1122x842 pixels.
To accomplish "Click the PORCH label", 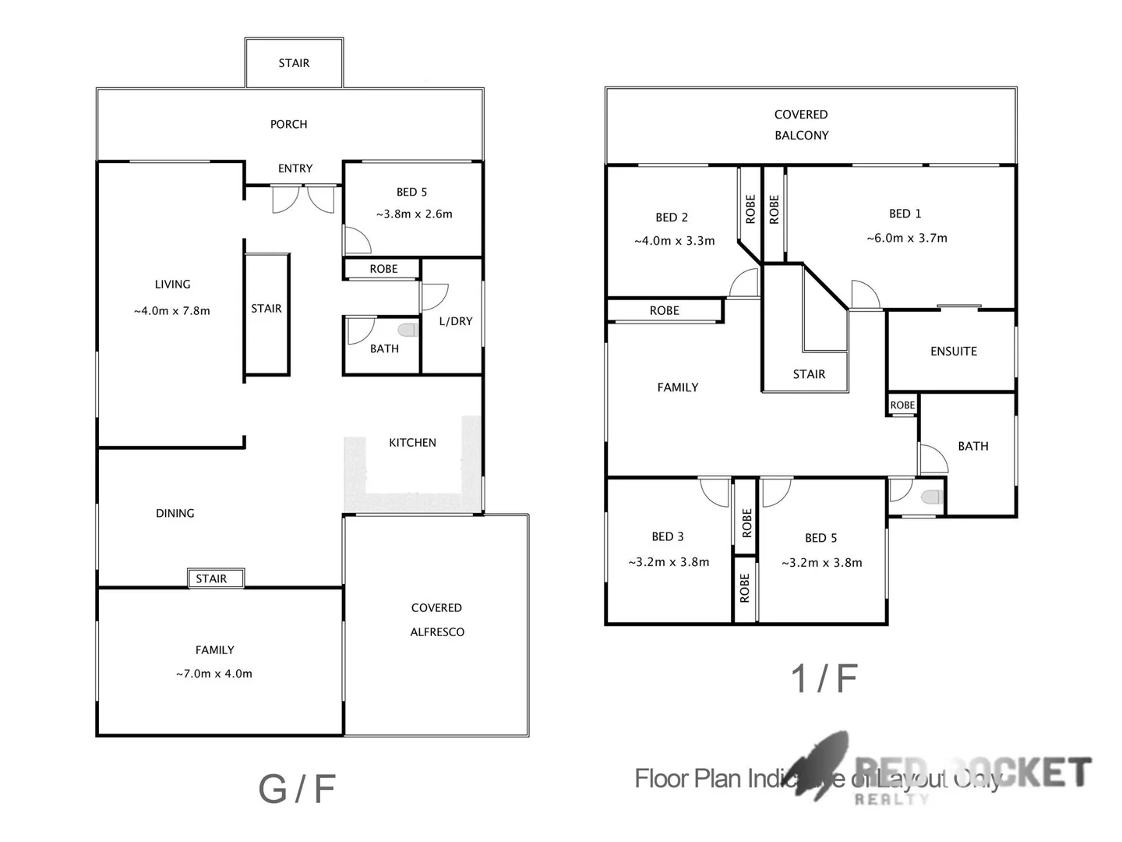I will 288,124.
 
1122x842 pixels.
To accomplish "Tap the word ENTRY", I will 295,168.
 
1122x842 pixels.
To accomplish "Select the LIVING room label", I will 172,285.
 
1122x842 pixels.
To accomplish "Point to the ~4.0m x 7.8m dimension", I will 171,310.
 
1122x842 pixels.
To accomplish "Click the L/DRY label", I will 456,321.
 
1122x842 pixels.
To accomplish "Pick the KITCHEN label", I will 412,443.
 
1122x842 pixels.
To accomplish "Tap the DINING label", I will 175,513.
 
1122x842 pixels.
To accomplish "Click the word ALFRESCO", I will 437,632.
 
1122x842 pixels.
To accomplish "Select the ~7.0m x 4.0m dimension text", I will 214,674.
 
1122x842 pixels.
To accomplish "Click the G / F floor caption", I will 297,789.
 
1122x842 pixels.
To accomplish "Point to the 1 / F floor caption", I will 824,678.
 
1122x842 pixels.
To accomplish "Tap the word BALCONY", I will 802,136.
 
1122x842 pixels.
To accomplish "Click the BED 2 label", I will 672,218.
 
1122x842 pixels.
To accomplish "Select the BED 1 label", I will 905,214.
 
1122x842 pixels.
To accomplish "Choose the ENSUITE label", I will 954,352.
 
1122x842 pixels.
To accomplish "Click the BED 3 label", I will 668,536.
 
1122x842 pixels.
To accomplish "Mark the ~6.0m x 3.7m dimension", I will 907,239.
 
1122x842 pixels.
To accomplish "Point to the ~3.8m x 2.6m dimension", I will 414,214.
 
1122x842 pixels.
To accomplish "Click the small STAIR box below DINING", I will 212,578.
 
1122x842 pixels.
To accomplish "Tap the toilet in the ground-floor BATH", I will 408,330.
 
